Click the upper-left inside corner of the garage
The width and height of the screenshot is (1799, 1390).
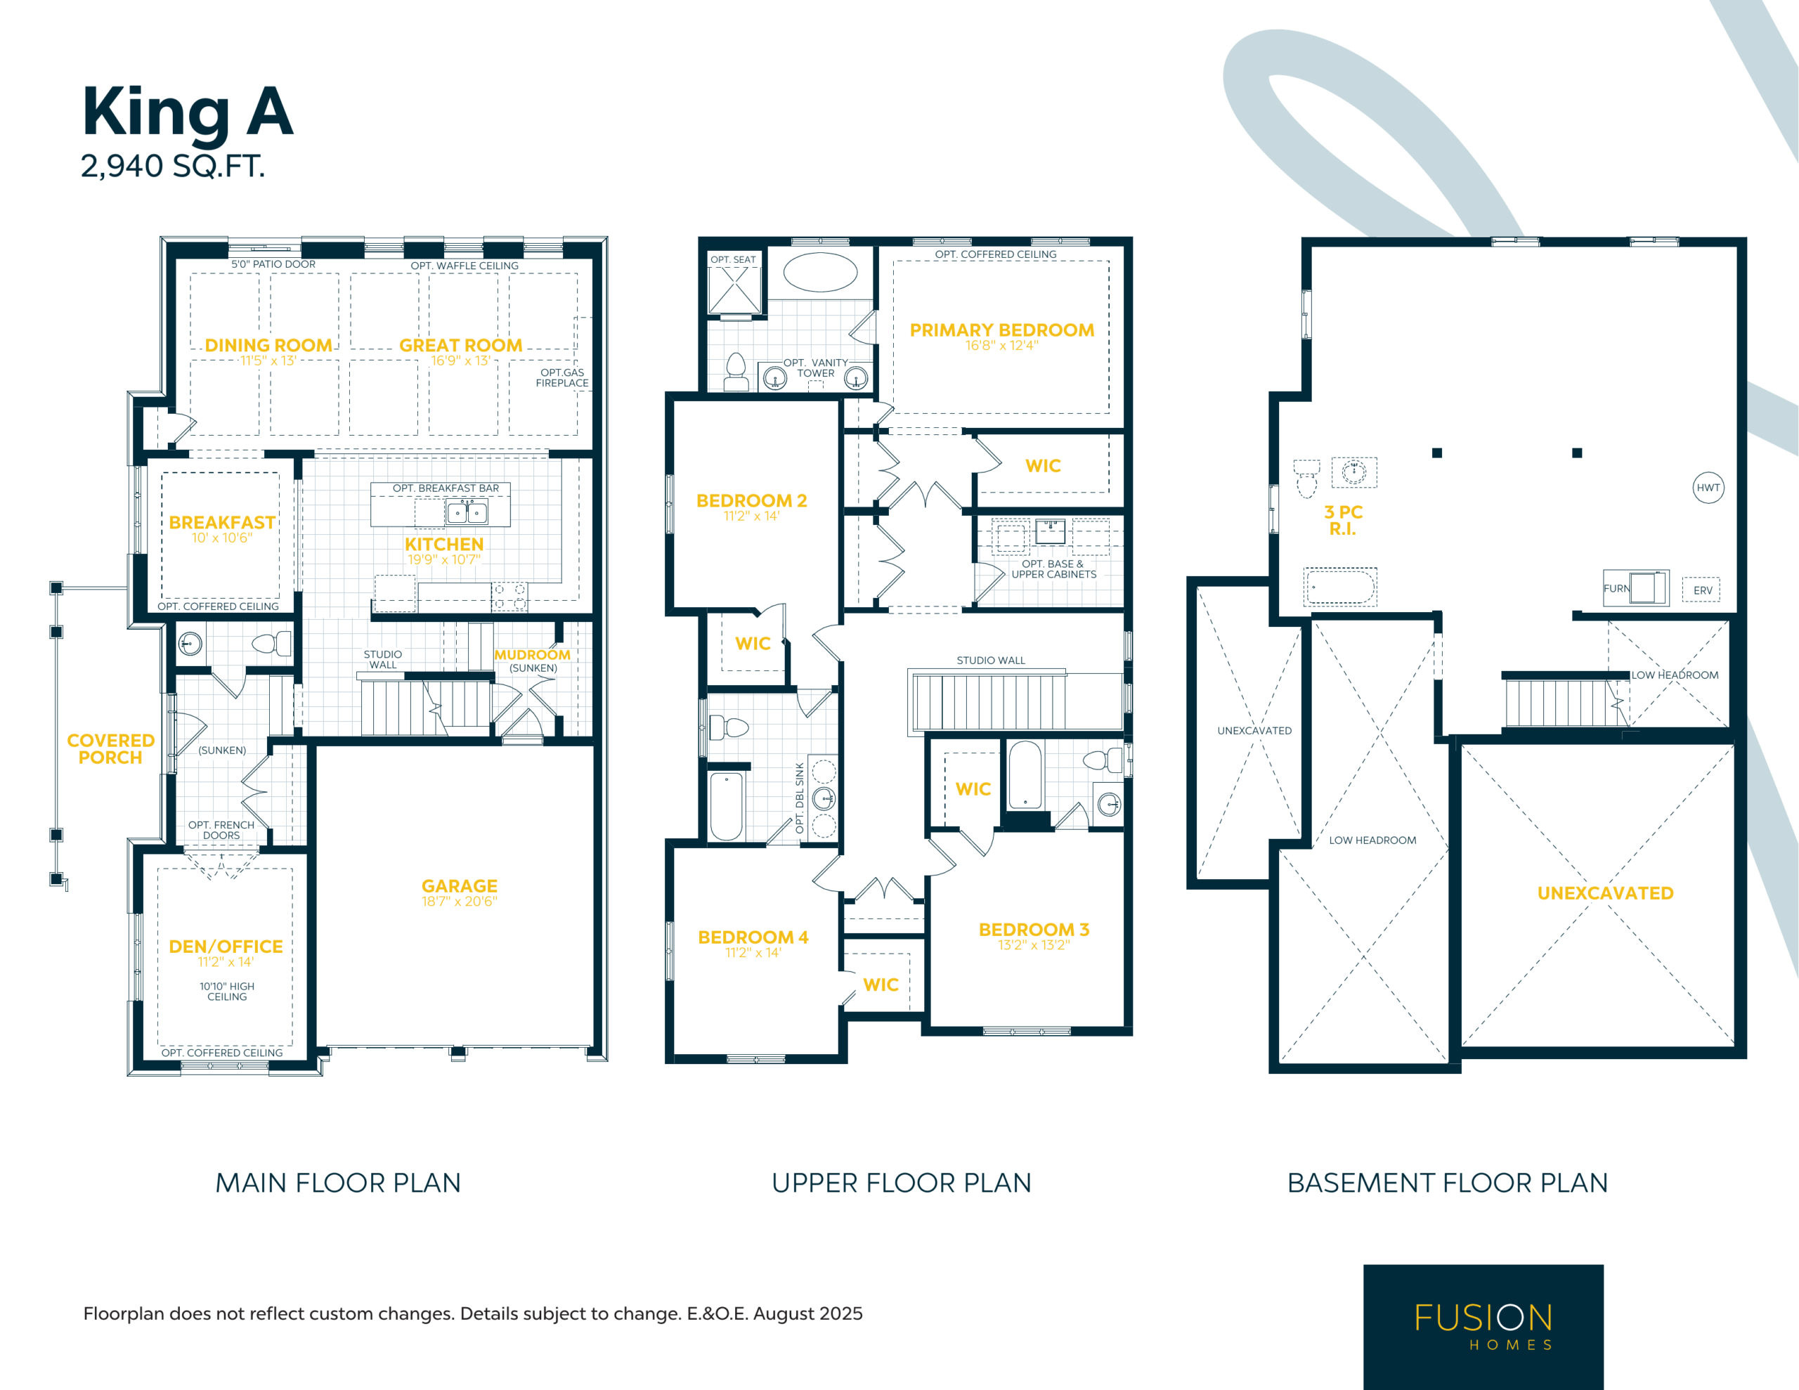click(x=317, y=746)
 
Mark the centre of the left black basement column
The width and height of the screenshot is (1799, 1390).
click(x=1437, y=453)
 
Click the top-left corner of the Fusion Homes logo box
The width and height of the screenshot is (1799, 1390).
click(x=1364, y=1265)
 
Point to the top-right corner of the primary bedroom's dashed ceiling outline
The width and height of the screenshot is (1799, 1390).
click(x=1109, y=261)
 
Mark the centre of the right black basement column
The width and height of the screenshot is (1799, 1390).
click(x=1578, y=453)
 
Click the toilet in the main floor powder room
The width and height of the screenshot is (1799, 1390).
click(x=272, y=643)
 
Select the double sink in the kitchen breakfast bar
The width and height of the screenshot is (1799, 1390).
click(x=467, y=512)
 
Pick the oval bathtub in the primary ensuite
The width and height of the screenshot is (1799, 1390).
click(x=820, y=273)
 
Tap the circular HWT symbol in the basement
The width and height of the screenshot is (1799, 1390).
click(x=1708, y=488)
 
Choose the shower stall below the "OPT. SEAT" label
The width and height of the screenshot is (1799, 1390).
click(x=735, y=290)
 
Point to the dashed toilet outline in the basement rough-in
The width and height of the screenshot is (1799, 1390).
click(x=1306, y=479)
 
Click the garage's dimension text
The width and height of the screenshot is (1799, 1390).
click(x=460, y=902)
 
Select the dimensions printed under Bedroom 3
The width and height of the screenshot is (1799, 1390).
click(x=1034, y=945)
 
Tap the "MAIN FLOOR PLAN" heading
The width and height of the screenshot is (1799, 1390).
click(x=338, y=1183)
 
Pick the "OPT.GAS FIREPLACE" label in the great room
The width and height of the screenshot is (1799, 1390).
click(x=563, y=377)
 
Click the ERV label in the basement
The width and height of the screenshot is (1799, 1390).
click(x=1703, y=591)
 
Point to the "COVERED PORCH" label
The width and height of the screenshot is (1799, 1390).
click(x=110, y=749)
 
